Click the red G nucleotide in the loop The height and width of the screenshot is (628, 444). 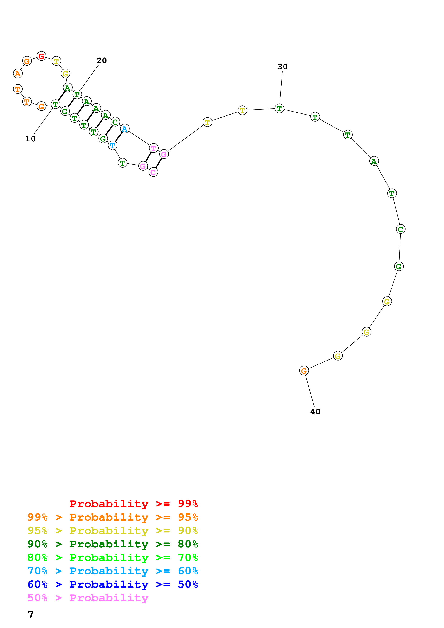pos(41,56)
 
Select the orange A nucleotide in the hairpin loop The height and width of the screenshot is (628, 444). pos(18,74)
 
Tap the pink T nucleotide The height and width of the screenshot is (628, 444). pos(154,148)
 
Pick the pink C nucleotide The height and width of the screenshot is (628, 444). pos(153,172)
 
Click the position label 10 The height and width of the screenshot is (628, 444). pos(30,139)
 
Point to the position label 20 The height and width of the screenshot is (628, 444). pos(102,61)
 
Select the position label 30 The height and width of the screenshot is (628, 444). pos(283,67)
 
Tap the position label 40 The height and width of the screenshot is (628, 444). pos(315,412)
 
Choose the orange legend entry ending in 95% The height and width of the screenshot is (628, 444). pos(113,517)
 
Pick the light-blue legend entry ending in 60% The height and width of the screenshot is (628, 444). pos(113,571)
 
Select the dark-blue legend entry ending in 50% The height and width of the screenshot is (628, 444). pos(113,584)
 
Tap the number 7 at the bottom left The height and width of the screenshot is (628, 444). pos(30,615)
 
